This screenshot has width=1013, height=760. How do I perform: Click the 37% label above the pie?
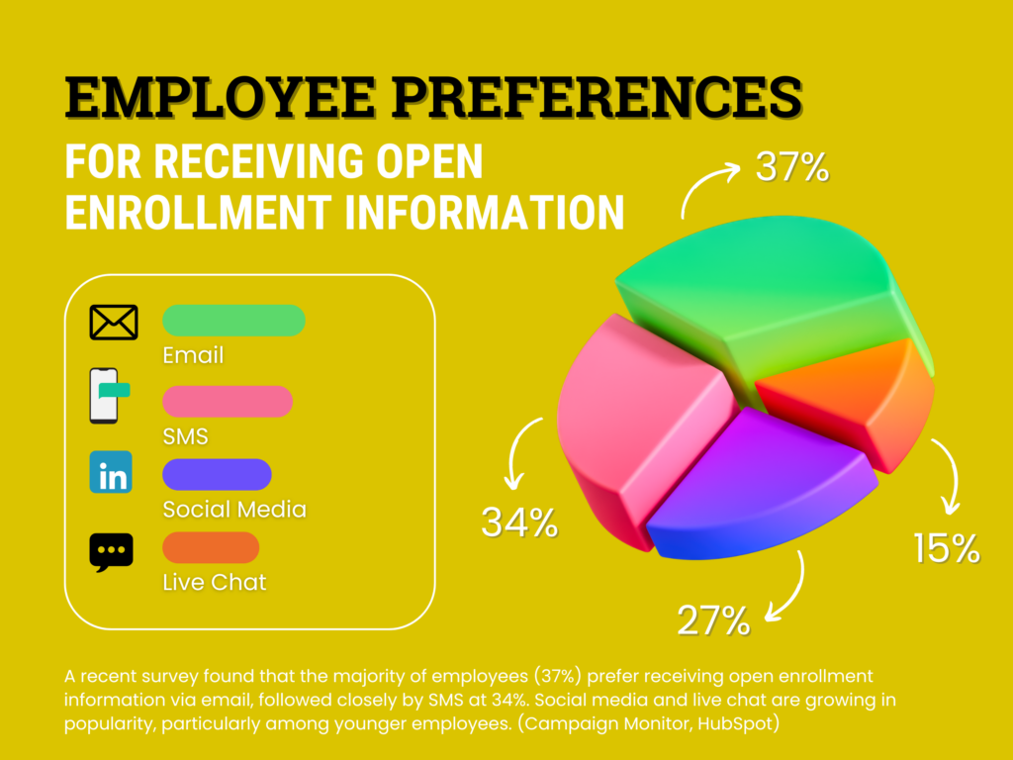coord(791,167)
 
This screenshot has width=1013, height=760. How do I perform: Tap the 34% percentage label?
coord(519,522)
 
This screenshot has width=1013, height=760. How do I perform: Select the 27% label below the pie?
coord(713,620)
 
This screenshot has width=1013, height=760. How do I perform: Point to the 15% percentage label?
coord(947,547)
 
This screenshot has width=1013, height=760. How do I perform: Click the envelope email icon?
coord(113,322)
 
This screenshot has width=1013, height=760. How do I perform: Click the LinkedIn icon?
coord(111,472)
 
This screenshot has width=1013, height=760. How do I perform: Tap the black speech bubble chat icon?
coord(111,551)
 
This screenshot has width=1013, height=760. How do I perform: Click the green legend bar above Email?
coord(233,321)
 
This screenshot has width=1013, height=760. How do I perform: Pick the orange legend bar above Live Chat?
coord(210,547)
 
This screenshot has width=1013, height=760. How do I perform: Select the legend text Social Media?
coord(234,510)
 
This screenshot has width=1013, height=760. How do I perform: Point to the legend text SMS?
coord(185,435)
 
